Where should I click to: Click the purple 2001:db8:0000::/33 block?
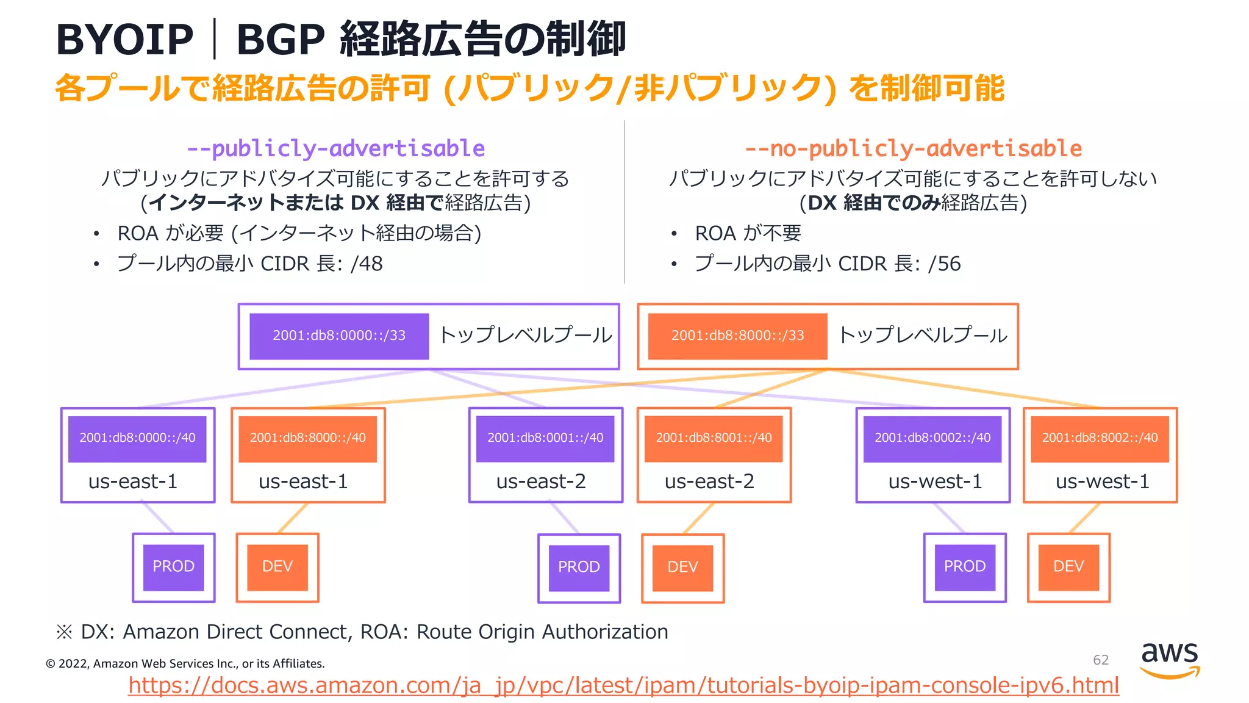[x=338, y=336]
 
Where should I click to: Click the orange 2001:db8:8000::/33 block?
[x=737, y=336]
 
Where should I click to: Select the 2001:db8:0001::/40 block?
[x=545, y=438]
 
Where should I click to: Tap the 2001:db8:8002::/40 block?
[x=1100, y=438]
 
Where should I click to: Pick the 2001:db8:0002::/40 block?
[x=932, y=438]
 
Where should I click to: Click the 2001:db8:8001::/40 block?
[x=714, y=438]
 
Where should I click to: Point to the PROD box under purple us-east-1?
[x=174, y=567]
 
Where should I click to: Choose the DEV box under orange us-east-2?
[x=682, y=568]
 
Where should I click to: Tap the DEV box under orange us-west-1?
[x=1068, y=567]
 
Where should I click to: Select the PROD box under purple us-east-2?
[x=579, y=568]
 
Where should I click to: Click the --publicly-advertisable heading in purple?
[x=335, y=148]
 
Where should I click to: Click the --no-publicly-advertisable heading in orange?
[x=913, y=148]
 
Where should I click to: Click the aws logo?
[x=1169, y=659]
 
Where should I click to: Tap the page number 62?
[x=1100, y=660]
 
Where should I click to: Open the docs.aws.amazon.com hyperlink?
[x=623, y=685]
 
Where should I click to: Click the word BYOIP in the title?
[x=124, y=40]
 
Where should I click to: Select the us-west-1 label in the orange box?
[x=1102, y=481]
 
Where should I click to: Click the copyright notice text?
[x=185, y=663]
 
